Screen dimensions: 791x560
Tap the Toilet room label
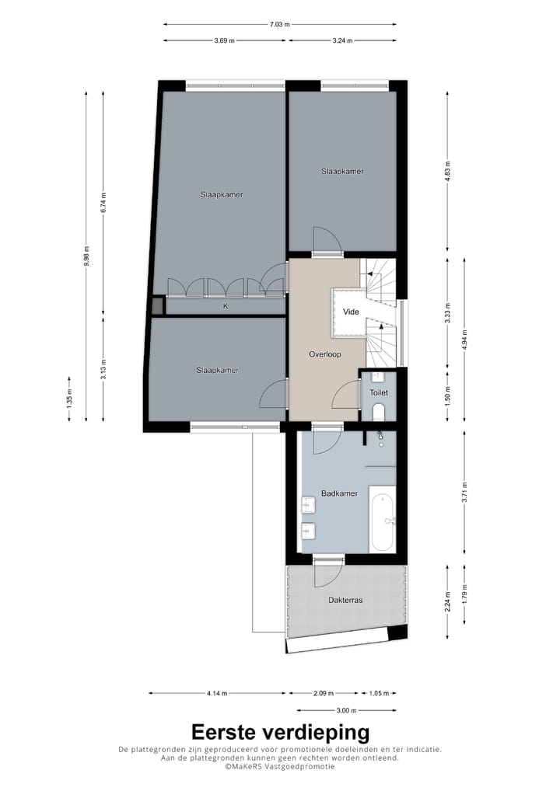click(x=379, y=393)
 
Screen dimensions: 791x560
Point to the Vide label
click(x=351, y=312)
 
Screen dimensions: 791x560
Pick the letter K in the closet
click(x=226, y=306)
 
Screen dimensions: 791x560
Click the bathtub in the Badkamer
click(x=382, y=518)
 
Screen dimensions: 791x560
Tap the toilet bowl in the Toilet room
click(x=379, y=413)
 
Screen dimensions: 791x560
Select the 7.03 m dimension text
click(x=279, y=24)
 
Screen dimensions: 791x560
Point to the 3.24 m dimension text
click(x=342, y=41)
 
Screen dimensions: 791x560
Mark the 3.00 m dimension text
click(x=346, y=709)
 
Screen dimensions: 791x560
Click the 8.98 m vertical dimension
click(x=86, y=256)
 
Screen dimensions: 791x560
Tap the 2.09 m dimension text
click(x=321, y=693)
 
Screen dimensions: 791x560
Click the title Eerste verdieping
click(x=280, y=732)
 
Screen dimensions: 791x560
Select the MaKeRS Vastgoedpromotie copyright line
click(x=280, y=766)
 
